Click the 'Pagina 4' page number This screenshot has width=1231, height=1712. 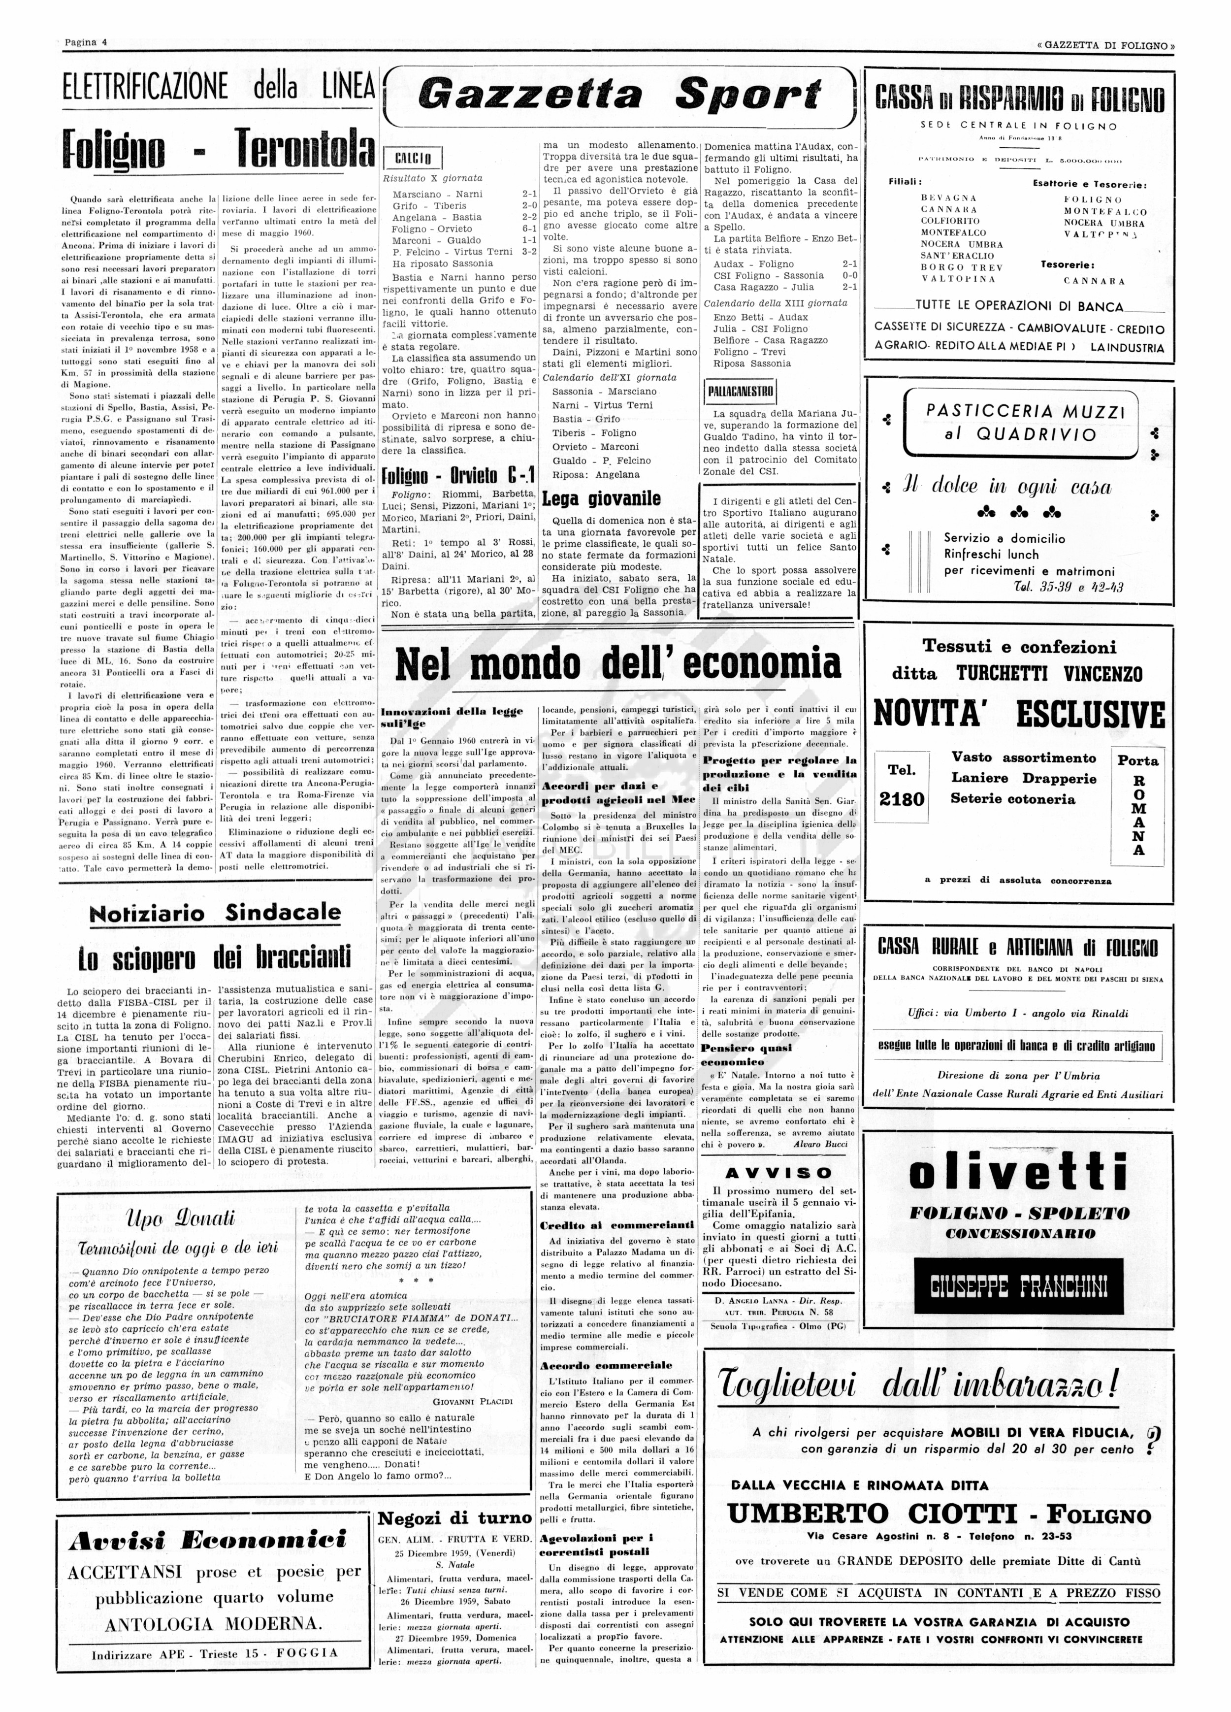click(85, 42)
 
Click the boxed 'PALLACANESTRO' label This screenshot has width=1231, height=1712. click(740, 391)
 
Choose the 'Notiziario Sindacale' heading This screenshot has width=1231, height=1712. click(215, 913)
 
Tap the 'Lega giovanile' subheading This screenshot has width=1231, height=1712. click(601, 498)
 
